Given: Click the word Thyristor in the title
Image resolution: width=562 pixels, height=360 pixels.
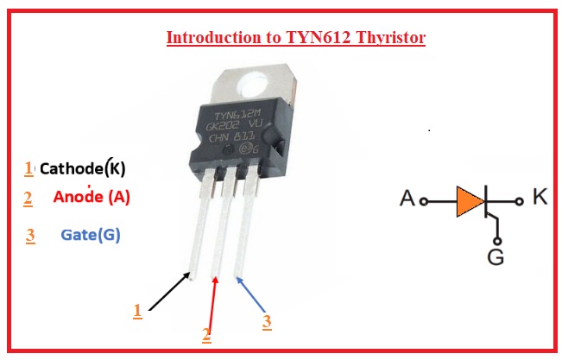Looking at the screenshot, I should coord(394,38).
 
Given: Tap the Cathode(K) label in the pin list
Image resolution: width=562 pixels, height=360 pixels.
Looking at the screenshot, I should coord(88,168).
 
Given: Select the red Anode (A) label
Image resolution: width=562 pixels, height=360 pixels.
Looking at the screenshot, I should coord(92,197).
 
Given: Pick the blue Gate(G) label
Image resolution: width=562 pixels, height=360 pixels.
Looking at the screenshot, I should coord(91,234).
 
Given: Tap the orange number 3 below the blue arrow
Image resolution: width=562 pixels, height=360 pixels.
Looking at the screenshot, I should coord(267,322).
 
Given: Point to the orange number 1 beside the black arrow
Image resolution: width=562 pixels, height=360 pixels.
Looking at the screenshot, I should coord(137,310).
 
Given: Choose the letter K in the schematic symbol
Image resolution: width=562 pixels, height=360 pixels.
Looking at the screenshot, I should coord(540,197).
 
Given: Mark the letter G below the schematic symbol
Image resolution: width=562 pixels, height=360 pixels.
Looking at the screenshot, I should coord(496,257).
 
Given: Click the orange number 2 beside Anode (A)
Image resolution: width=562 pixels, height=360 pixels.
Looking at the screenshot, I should coord(28,199).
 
